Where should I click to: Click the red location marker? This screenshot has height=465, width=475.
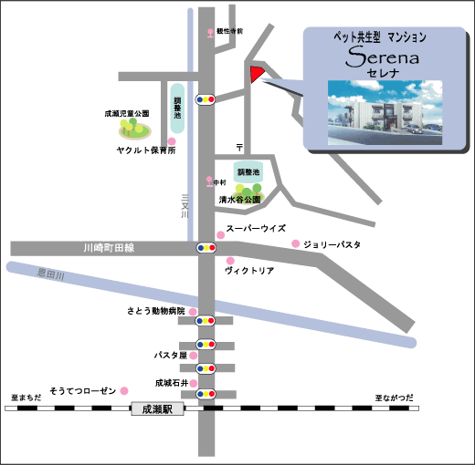point(256,74)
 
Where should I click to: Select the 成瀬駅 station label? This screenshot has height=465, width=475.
point(158,409)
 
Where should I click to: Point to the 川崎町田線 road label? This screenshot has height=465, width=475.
point(108,247)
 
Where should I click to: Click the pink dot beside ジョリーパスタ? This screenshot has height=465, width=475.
point(295,243)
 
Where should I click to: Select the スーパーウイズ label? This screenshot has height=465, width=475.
point(257,229)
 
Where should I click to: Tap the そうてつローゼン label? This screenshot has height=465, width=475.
point(83,389)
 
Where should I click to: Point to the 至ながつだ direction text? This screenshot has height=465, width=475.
point(395,398)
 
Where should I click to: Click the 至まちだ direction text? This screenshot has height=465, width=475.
point(27,398)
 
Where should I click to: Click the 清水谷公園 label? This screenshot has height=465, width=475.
point(240,198)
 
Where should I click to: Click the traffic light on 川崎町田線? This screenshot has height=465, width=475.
point(206,247)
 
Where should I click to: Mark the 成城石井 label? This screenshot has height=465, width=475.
point(171,383)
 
